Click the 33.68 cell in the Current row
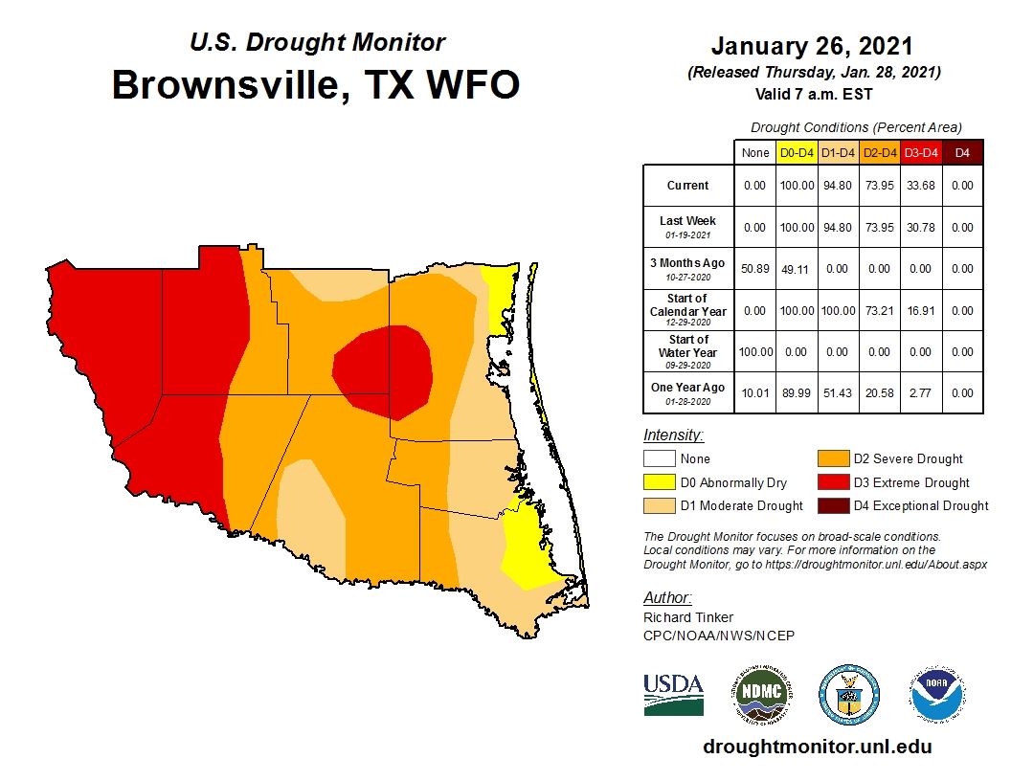click(x=919, y=186)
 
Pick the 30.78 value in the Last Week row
click(x=919, y=227)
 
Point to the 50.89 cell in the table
click(x=754, y=269)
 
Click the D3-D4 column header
click(x=919, y=152)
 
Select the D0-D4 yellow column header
click(x=796, y=152)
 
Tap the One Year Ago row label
click(x=688, y=392)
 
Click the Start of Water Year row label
click(x=688, y=351)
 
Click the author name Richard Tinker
click(x=688, y=617)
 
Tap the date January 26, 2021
click(x=812, y=45)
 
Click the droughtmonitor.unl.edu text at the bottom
click(x=817, y=747)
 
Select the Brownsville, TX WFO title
click(x=316, y=84)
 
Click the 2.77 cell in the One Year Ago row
click(x=919, y=392)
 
